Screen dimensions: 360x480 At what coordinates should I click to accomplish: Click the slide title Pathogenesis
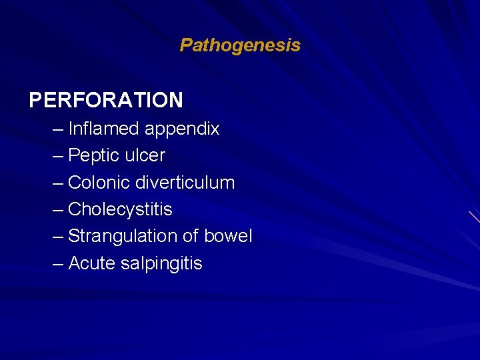(240, 45)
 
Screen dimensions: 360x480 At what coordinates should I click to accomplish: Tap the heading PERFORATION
(106, 100)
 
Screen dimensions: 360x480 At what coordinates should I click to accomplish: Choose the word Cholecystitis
(120, 210)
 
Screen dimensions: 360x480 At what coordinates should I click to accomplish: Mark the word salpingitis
(161, 264)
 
